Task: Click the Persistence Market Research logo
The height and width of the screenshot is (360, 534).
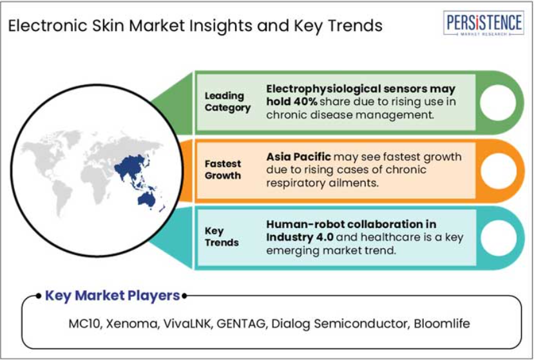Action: point(484,23)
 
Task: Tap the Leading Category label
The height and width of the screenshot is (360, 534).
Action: point(227,102)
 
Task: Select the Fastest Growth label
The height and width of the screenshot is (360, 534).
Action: point(223,169)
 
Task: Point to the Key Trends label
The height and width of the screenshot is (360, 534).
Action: point(222,237)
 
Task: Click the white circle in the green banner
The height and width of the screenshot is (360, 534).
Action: point(498,102)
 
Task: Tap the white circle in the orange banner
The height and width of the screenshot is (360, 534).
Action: point(498,171)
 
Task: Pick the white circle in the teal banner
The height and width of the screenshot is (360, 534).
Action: point(498,238)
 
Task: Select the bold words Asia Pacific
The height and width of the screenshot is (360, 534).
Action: point(298,156)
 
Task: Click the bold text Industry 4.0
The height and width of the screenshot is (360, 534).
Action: point(300,237)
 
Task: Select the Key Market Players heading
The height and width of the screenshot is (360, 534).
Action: point(112,296)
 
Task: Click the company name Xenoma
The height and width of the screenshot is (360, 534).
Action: point(132,323)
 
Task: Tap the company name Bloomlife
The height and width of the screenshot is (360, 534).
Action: point(442,323)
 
